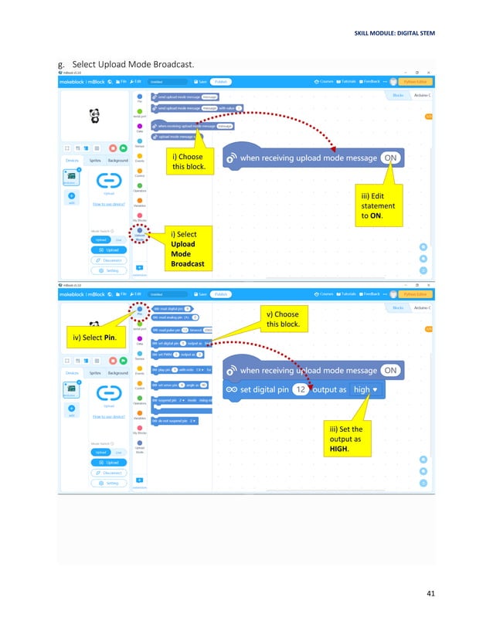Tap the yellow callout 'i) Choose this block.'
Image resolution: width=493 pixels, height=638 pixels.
click(187, 161)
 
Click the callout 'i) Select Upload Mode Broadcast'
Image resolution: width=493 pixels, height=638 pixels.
click(188, 247)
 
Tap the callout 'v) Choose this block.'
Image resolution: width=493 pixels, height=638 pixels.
click(282, 318)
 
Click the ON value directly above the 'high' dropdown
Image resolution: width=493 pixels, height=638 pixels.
click(391, 370)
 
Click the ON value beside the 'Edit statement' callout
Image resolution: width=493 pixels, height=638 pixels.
click(391, 158)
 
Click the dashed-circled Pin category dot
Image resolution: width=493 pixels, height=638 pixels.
click(139, 308)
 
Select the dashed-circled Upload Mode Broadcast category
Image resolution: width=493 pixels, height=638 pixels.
click(139, 230)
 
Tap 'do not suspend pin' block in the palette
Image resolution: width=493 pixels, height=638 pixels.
click(175, 421)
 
